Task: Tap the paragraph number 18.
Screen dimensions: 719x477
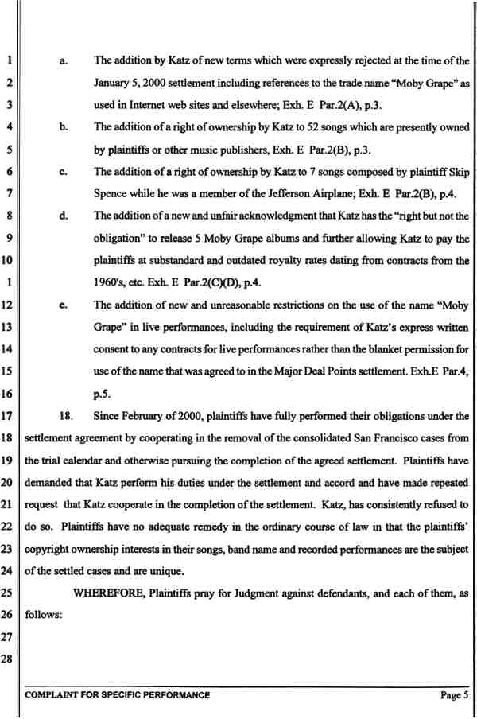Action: point(67,414)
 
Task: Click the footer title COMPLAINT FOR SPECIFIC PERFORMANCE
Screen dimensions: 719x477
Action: point(118,695)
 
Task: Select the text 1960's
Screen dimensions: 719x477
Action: point(110,282)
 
